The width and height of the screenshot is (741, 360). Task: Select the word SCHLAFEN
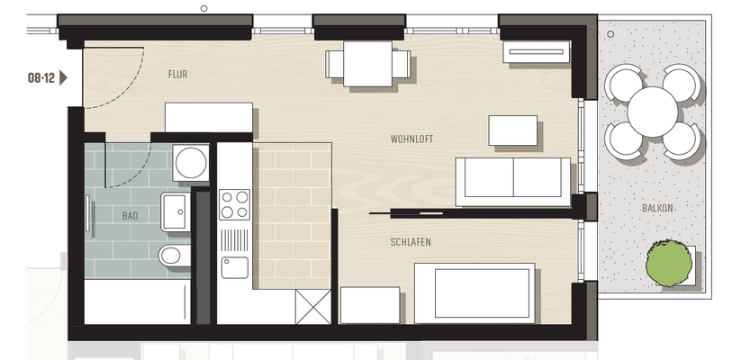[410, 242]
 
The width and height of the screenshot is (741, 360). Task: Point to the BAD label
[130, 217]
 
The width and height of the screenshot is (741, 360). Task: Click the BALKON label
[657, 208]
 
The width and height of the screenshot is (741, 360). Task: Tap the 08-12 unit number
[41, 78]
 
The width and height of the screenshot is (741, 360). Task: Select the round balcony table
[654, 112]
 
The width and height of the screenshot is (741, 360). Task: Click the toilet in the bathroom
[172, 256]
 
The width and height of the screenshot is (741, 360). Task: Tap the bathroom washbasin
[174, 211]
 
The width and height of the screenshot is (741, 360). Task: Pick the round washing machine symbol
[191, 162]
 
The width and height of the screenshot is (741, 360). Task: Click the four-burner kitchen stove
[234, 203]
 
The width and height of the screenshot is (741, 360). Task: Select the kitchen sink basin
[234, 267]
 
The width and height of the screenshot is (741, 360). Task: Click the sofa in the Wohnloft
[512, 177]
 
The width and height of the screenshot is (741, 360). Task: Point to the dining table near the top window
[368, 64]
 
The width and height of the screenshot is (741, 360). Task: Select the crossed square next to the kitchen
[312, 308]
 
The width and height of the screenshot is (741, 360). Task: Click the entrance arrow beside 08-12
[64, 78]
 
